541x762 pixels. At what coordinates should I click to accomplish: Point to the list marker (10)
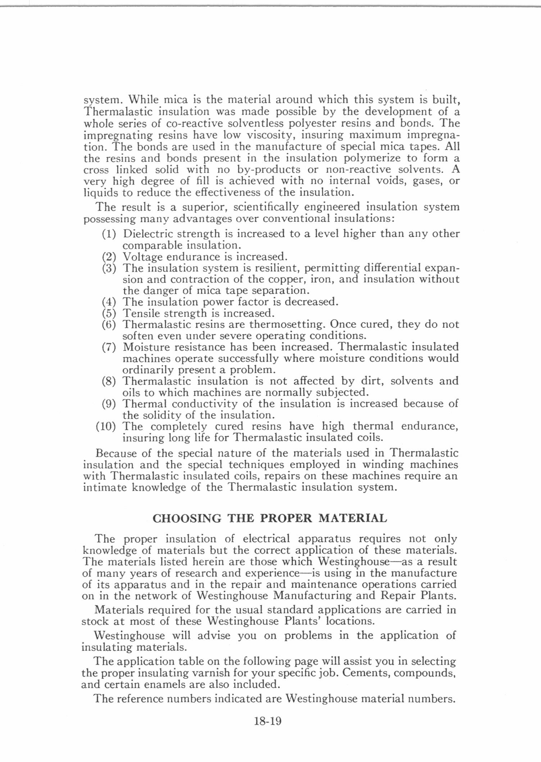(106, 427)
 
